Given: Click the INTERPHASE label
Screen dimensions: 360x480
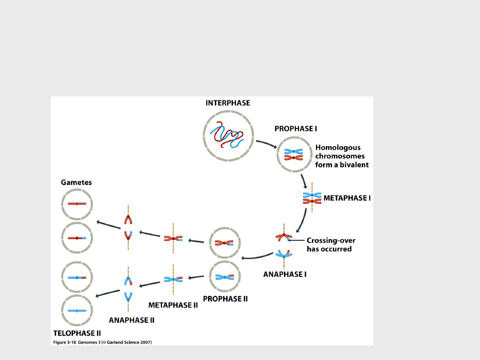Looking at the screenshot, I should (x=228, y=103).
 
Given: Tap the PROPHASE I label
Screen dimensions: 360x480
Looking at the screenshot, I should (x=296, y=129).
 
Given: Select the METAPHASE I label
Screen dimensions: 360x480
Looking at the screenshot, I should (x=347, y=198).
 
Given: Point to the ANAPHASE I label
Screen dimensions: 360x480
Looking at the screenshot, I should (x=285, y=274).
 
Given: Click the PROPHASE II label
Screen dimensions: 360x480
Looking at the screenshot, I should (x=225, y=299).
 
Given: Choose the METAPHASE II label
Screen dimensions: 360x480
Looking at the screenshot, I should (x=173, y=305).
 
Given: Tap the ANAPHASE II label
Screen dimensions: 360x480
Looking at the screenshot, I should (x=132, y=320).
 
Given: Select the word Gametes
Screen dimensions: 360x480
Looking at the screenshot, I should (x=76, y=182).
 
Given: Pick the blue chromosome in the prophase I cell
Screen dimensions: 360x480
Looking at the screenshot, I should (x=293, y=152).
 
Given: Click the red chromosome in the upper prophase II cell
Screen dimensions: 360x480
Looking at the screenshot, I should (x=224, y=243).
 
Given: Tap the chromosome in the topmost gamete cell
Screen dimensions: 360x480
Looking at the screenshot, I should (x=77, y=204).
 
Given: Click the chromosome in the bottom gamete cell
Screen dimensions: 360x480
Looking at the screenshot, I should (x=77, y=311).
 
